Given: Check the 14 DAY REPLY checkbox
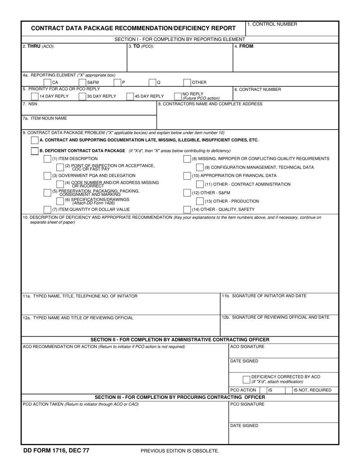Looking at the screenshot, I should pyautogui.click(x=34, y=97).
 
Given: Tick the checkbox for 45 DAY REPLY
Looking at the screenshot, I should pyautogui.click(x=130, y=97).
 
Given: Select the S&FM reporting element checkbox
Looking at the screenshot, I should pyautogui.click(x=82, y=83).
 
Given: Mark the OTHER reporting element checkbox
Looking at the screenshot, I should pyautogui.click(x=187, y=83).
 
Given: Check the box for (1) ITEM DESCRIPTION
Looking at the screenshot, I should pyautogui.click(x=47, y=159).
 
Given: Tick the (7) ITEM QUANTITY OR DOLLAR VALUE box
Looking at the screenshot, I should pyautogui.click(x=47, y=210).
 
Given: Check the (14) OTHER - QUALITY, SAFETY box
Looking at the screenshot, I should pyautogui.click(x=187, y=210).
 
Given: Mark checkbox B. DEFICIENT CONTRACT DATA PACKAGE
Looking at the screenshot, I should pyautogui.click(x=34, y=151).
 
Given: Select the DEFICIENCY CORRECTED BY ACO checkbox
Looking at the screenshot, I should pyautogui.click(x=246, y=379).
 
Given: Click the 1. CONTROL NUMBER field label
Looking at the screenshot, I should pyautogui.click(x=272, y=24).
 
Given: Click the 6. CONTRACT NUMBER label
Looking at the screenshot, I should pyautogui.click(x=258, y=90).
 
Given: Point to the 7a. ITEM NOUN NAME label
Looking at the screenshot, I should pyautogui.click(x=45, y=119).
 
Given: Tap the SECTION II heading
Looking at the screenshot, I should pyautogui.click(x=180, y=339).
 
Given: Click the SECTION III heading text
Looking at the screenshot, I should pyautogui.click(x=180, y=397).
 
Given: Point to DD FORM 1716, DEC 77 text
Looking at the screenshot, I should pyautogui.click(x=56, y=450).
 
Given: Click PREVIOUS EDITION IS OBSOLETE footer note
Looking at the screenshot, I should pyautogui.click(x=180, y=451).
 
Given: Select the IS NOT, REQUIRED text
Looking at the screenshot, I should pyautogui.click(x=312, y=390).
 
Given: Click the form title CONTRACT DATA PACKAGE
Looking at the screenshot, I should pyautogui.click(x=133, y=28).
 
